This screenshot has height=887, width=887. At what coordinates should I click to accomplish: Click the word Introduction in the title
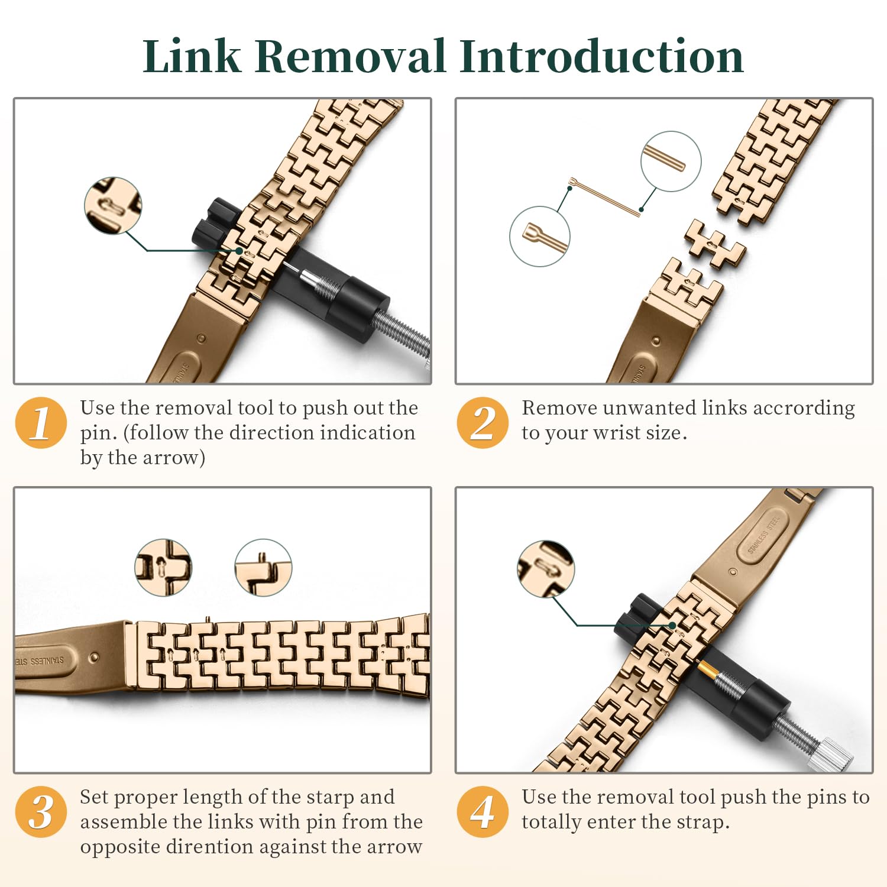pos(601,56)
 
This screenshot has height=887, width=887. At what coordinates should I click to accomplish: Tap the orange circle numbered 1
pos(41,423)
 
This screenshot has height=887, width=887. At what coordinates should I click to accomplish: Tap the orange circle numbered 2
pos(483,423)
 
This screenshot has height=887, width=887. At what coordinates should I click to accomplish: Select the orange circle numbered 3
pos(41,812)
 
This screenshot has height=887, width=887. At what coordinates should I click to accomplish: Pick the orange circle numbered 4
pos(483,812)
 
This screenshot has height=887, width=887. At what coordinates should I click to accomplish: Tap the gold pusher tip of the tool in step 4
pos(707,669)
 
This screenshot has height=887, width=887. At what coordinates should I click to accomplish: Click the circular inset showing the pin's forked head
pos(539,236)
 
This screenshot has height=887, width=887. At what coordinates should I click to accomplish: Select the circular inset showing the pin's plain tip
pos(671,161)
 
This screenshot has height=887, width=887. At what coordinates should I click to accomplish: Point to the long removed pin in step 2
pos(604,196)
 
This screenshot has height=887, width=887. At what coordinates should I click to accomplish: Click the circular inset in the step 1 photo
pos(113,205)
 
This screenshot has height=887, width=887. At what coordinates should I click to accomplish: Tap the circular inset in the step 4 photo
pos(545,569)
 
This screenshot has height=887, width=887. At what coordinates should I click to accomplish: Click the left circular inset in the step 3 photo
pos(163,567)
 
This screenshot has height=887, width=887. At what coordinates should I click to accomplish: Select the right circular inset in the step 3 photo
pos(263,567)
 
